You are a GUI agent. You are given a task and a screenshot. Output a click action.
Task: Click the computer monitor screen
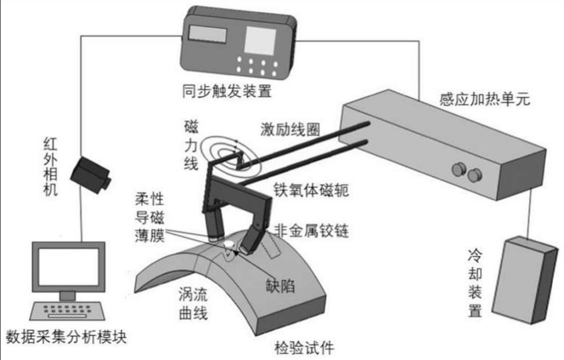point(68,265)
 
